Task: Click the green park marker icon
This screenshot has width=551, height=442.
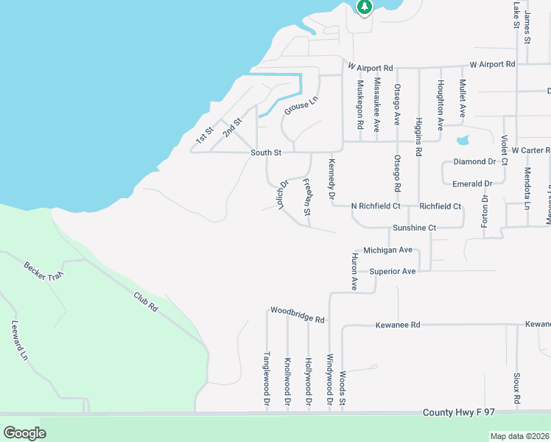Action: pyautogui.click(x=364, y=7)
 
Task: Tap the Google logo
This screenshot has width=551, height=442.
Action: pyautogui.click(x=24, y=432)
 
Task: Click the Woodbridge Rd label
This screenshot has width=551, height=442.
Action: pyautogui.click(x=297, y=315)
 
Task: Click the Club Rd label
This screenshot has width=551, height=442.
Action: pyautogui.click(x=146, y=300)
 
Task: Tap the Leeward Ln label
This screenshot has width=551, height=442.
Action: pyautogui.click(x=19, y=340)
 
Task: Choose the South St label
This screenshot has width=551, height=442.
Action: pyautogui.click(x=266, y=152)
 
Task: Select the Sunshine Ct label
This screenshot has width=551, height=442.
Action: pyautogui.click(x=414, y=228)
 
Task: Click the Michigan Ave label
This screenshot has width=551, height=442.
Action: pyautogui.click(x=388, y=250)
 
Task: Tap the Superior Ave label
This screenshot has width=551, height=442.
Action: pyautogui.click(x=393, y=271)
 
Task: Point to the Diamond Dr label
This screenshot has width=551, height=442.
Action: pyautogui.click(x=474, y=161)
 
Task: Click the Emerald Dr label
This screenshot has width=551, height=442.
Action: pyautogui.click(x=473, y=183)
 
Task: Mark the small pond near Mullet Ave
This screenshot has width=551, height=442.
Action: pyautogui.click(x=463, y=140)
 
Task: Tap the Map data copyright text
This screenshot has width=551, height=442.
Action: pyautogui.click(x=519, y=436)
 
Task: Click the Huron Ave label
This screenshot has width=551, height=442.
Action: pyautogui.click(x=354, y=272)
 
